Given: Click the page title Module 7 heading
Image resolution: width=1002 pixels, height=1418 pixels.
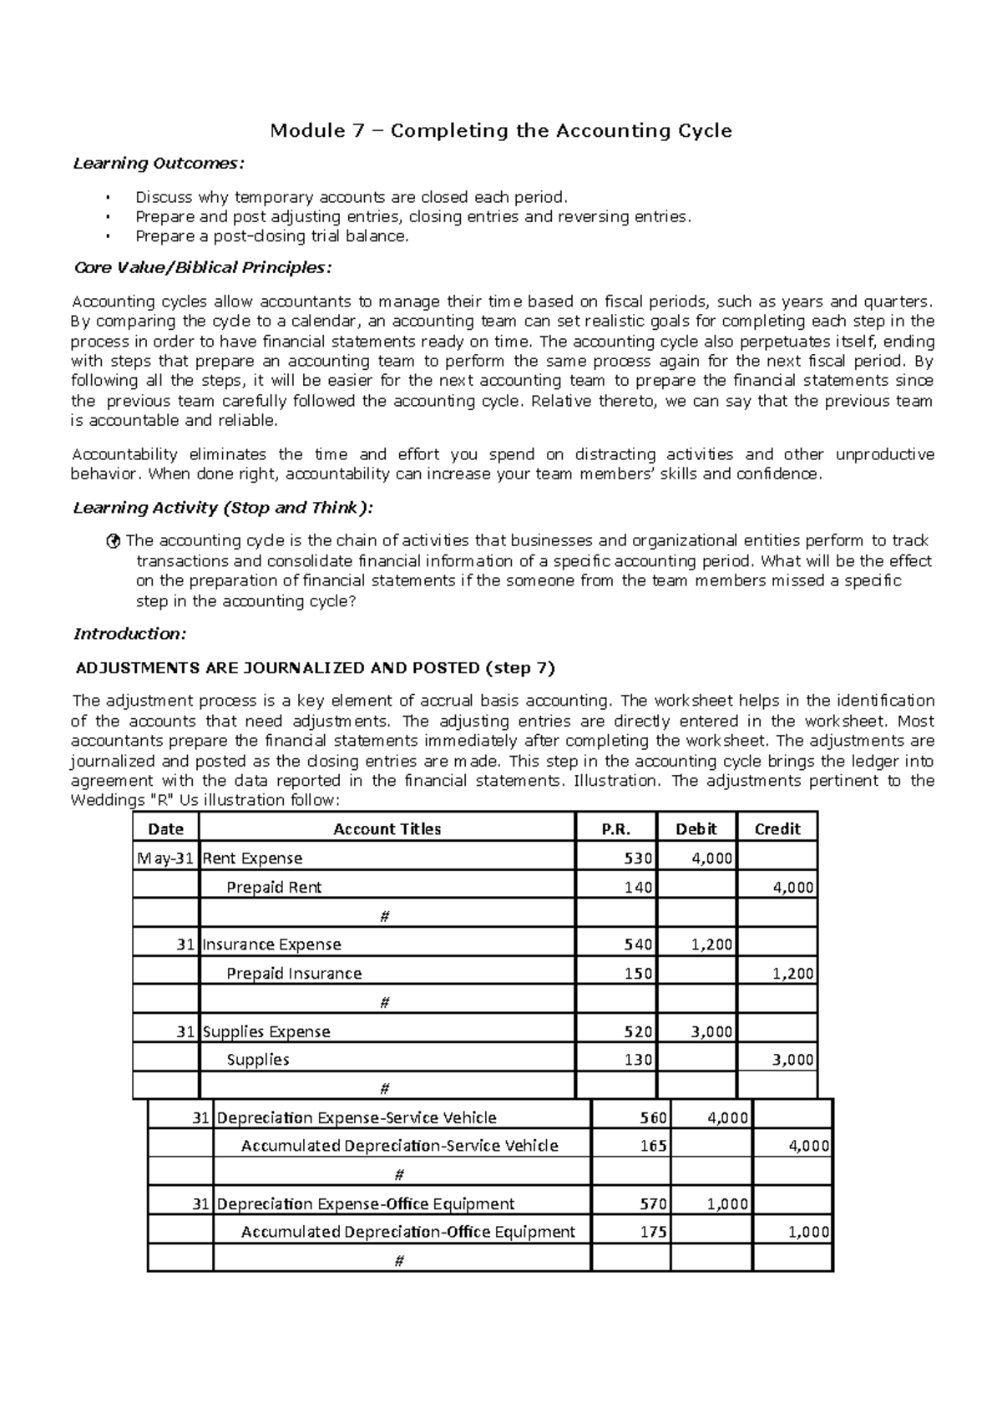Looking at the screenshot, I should coord(500,131).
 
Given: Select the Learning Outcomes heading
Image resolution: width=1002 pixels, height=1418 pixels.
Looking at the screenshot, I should coord(159,163).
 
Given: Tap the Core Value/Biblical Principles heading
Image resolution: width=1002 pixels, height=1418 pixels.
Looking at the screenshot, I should coord(202,268).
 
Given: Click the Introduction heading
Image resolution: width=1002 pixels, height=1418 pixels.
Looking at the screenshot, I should coord(129,634).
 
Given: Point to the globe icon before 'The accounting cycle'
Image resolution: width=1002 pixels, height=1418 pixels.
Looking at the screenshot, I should coord(115,541).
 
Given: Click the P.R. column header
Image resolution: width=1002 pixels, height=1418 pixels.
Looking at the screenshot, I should coord(616,828).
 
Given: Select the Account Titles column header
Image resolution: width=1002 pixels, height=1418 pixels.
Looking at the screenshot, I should coord(387,828).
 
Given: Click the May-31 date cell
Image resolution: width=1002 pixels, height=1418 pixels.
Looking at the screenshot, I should coord(165,858).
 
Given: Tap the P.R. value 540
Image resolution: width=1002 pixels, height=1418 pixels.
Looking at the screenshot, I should coord(639,944).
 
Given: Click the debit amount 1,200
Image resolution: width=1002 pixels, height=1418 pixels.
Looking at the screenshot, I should coord(711,944).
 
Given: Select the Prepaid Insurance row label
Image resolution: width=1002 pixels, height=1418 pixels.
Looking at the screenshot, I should coord(294,974).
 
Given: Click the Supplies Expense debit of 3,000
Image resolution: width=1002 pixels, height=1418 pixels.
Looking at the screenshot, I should coord(711,1031).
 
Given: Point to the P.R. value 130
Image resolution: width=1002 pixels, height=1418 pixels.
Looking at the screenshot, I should coord(639,1060).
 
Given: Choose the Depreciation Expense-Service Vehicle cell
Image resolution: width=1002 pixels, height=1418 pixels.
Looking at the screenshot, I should coord(357,1117).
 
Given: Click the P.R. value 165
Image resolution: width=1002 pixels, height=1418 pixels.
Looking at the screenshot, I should coord(653,1146).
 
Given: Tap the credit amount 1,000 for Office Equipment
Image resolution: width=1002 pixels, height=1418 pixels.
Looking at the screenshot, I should coord(808,1232).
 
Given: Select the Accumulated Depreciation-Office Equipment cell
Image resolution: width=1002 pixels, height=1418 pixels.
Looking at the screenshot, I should coord(407,1232).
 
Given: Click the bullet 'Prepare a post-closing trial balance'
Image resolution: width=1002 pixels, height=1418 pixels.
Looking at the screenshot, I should coord(272,236).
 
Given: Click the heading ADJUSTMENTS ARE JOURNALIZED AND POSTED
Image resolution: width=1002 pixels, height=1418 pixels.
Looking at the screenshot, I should coord(315,668).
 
